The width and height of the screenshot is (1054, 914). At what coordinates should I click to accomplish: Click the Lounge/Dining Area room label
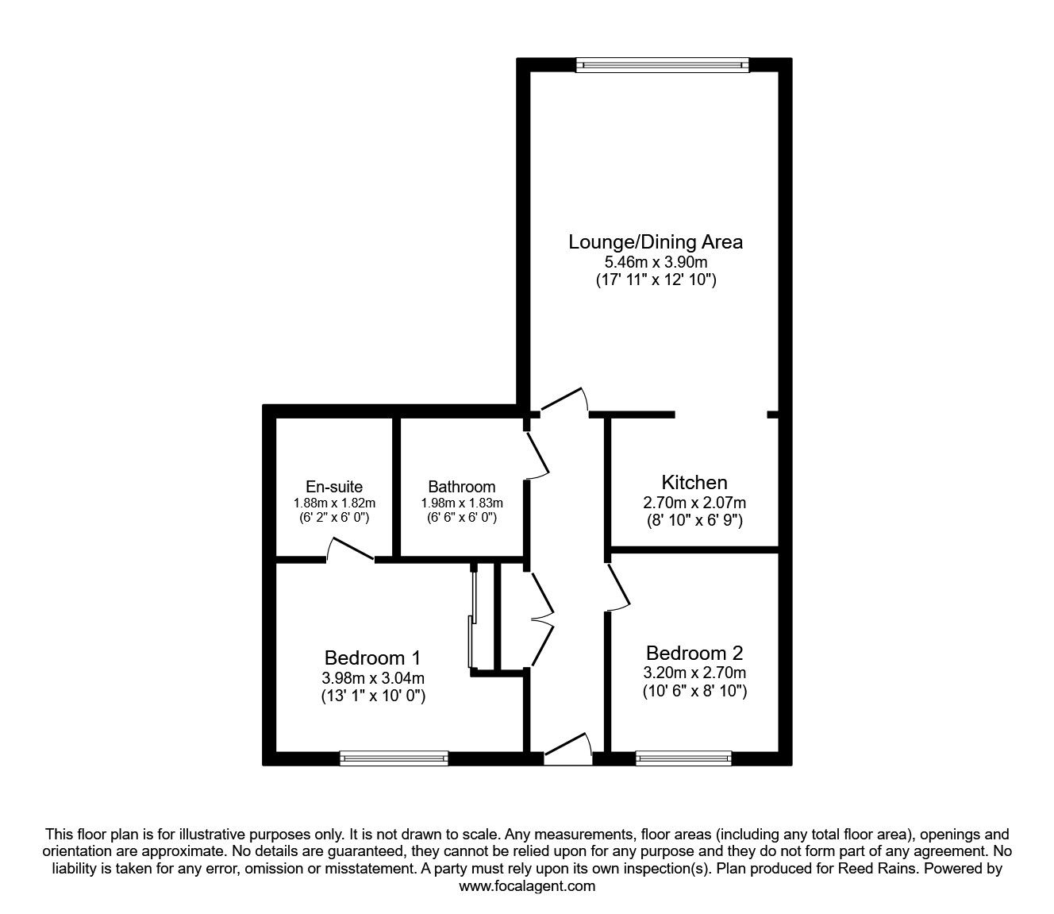click(656, 241)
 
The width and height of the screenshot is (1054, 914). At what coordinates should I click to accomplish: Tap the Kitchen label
click(694, 482)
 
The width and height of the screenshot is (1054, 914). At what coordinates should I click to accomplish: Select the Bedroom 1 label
click(372, 658)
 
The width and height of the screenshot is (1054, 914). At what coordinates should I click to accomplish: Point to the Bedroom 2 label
click(694, 653)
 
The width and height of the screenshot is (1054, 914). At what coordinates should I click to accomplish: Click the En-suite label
click(334, 486)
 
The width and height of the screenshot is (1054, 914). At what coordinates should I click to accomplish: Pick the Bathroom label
click(461, 486)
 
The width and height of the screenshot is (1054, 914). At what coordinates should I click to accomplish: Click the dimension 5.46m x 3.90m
click(656, 261)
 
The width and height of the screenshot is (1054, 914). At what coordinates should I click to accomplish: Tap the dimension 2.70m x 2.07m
click(694, 503)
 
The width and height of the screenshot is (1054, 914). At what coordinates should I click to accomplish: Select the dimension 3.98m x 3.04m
click(373, 678)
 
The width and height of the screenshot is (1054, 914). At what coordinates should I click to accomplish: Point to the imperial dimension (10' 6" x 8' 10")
click(694, 692)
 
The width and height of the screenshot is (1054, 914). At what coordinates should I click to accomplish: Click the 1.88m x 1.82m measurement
click(334, 503)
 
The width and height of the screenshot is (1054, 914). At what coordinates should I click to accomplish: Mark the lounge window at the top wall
click(662, 65)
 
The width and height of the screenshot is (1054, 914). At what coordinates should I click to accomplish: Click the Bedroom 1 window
click(394, 758)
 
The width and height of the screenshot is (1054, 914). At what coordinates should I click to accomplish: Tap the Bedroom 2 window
click(683, 758)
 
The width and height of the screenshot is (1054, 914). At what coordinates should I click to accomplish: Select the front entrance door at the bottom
click(568, 750)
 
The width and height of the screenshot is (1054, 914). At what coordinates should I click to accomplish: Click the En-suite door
click(350, 550)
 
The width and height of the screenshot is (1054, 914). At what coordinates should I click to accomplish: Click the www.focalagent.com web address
click(527, 886)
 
